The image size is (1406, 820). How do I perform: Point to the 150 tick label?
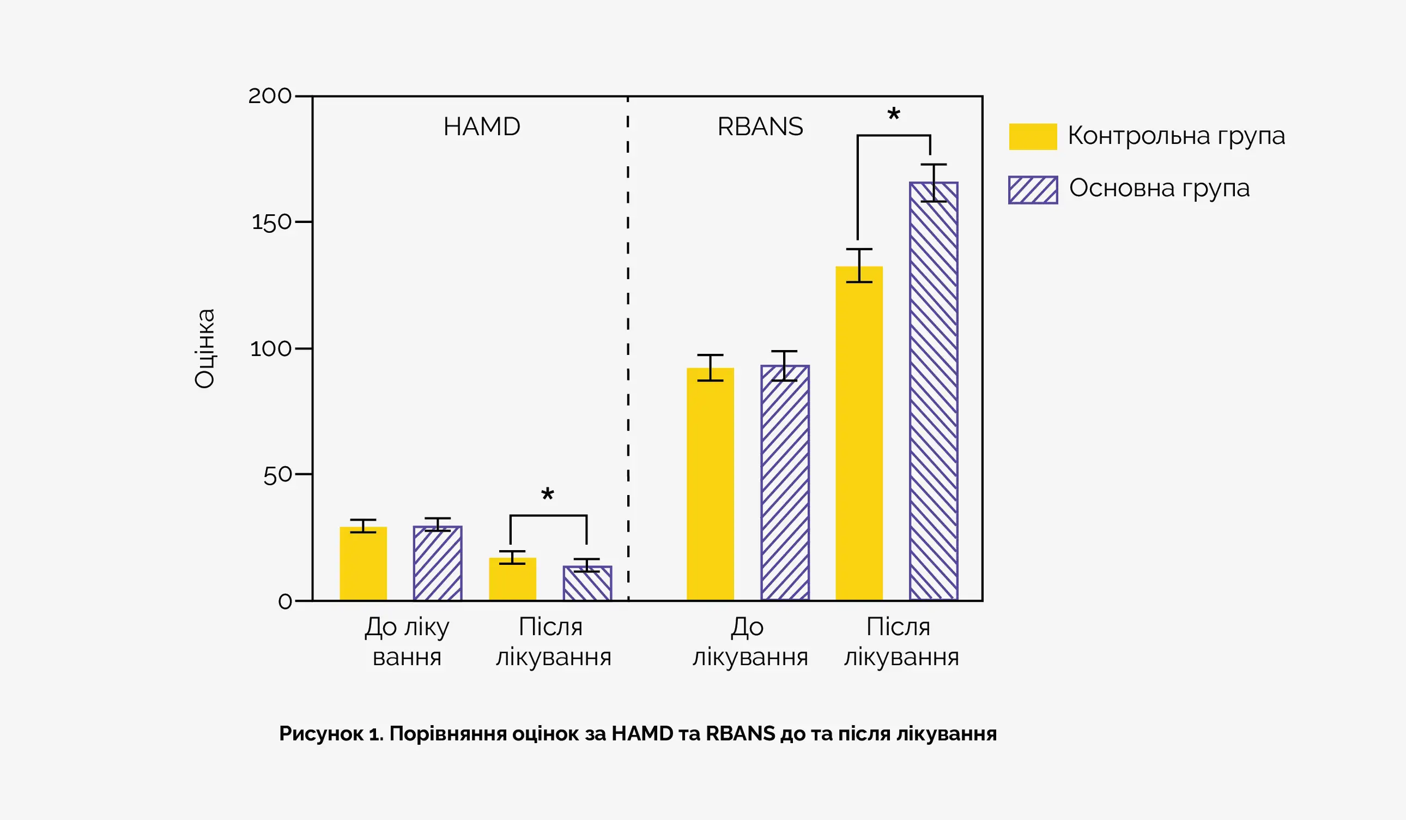[x=272, y=222]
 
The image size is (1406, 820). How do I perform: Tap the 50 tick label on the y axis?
[x=277, y=475]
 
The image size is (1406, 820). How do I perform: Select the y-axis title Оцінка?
[x=204, y=348]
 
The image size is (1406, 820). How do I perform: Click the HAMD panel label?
[x=482, y=126]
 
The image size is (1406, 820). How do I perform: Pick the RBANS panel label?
[x=760, y=126]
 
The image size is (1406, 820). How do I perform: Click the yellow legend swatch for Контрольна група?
[x=1033, y=137]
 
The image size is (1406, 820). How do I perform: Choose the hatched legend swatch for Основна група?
[x=1033, y=190]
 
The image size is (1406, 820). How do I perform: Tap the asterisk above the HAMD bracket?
[x=547, y=495]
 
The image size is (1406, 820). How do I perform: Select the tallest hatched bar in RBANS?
[x=934, y=391]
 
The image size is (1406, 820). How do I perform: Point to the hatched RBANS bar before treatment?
[x=784, y=483]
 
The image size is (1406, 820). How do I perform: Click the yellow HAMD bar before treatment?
[x=363, y=563]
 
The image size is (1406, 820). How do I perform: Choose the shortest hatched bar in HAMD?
[x=587, y=583]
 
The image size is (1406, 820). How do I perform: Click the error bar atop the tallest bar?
[x=934, y=183]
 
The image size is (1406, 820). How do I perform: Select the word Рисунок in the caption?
[x=321, y=733]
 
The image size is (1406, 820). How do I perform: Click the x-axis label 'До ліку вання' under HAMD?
[x=407, y=641]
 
